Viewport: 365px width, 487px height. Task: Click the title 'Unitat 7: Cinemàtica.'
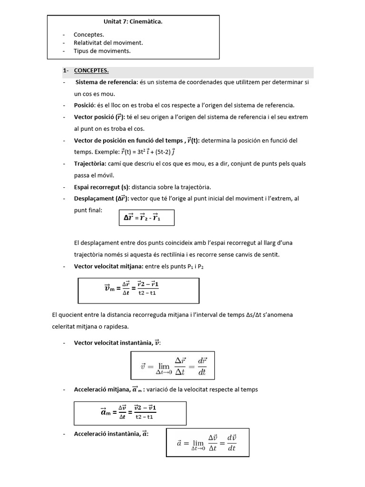pos(133,21)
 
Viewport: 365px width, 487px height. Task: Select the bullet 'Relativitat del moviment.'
pos(108,42)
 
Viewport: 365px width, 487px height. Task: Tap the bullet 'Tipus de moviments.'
pos(102,50)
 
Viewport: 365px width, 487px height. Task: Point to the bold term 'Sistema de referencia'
pos(106,82)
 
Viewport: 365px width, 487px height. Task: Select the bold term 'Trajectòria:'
pos(90,164)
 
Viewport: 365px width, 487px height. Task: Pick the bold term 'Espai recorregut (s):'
pos(103,187)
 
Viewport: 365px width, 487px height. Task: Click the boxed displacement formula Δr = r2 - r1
pos(146,217)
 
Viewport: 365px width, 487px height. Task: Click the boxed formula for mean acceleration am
pos(130,412)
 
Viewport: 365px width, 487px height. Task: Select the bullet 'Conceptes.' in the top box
pos(88,35)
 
